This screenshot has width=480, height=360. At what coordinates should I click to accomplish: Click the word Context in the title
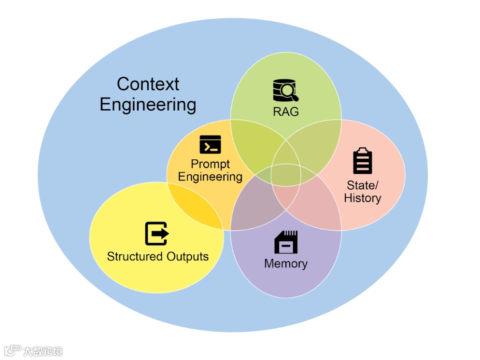pyautogui.click(x=148, y=84)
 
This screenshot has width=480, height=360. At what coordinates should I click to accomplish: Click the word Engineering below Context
pyautogui.click(x=148, y=105)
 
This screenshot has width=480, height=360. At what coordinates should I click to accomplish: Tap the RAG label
pyautogui.click(x=286, y=111)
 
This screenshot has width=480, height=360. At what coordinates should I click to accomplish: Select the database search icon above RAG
pyautogui.click(x=285, y=90)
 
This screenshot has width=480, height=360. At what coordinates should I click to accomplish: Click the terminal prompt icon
pyautogui.click(x=210, y=144)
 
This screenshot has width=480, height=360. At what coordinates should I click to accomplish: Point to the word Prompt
pyautogui.click(x=210, y=164)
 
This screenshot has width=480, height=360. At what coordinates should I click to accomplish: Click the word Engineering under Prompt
pyautogui.click(x=210, y=177)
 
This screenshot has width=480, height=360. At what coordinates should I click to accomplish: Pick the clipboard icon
pyautogui.click(x=363, y=161)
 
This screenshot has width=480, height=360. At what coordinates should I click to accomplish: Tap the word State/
pyautogui.click(x=363, y=185)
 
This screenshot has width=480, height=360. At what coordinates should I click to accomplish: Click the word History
pyautogui.click(x=363, y=198)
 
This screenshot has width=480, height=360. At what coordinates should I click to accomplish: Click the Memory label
pyautogui.click(x=286, y=263)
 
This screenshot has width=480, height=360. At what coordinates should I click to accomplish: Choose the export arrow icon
pyautogui.click(x=157, y=234)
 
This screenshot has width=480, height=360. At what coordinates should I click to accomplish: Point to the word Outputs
pyautogui.click(x=187, y=256)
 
